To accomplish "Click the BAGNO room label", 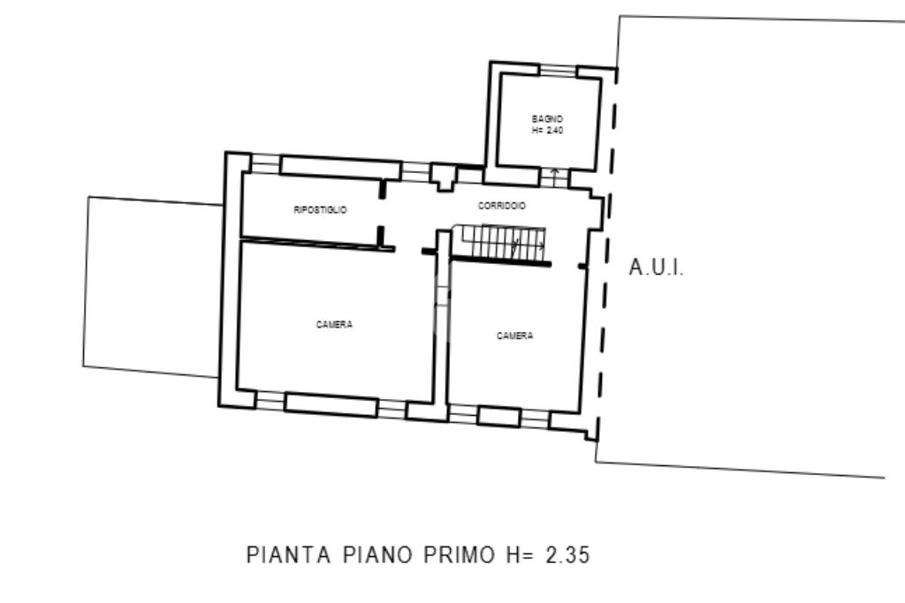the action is click(547, 119).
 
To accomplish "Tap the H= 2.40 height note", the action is click(547, 131).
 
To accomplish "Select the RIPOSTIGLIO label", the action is click(320, 210).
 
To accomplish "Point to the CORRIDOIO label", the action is click(502, 205).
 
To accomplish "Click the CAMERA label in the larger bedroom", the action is click(334, 325).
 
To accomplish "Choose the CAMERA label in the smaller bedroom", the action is click(515, 335).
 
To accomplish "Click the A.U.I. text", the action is click(657, 268).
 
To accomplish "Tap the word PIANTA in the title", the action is click(289, 554).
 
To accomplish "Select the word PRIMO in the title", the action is click(459, 554).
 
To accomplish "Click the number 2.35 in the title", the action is click(568, 554).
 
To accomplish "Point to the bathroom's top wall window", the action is click(559, 70).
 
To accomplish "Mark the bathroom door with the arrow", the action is click(554, 177).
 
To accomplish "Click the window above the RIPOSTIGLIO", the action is click(265, 163).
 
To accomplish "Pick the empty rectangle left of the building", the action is click(152, 287).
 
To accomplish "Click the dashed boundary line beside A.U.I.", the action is click(606, 253).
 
